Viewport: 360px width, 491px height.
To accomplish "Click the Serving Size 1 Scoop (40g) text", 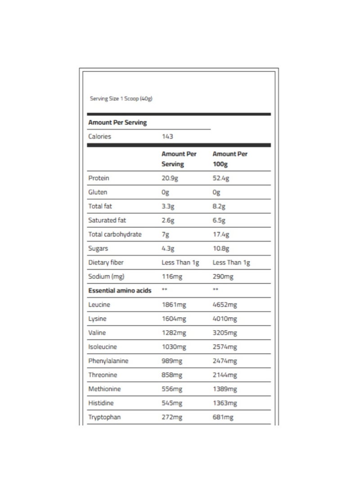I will coord(121,99).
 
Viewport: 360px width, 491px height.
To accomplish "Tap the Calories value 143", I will coord(167,136).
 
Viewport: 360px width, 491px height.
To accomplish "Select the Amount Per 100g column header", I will coord(230,159).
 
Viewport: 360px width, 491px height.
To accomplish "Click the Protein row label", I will coord(99,178).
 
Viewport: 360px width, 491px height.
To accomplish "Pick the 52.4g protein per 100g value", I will coord(220,178).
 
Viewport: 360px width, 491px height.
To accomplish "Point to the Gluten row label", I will coord(98,192).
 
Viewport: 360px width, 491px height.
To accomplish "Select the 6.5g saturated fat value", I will coord(219,221).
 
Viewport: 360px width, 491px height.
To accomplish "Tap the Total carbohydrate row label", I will coord(115,234).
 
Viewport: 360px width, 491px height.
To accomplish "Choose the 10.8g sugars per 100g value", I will coord(220,248).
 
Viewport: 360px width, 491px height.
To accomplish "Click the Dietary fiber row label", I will coord(106,262).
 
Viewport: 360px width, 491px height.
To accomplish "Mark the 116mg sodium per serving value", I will coord(171,276).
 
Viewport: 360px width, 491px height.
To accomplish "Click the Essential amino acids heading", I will coord(120,291).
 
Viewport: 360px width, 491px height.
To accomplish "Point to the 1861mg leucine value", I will coord(174,305).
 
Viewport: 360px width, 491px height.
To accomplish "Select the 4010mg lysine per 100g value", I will coord(225,319).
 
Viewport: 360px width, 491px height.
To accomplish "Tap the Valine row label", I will coord(97,333).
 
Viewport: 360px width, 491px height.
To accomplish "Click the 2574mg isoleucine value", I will coord(225,347).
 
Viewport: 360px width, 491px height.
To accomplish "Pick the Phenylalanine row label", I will coord(108,361).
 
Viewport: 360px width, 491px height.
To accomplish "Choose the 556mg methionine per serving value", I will coord(171,389).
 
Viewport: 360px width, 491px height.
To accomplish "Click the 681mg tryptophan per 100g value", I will coord(223,417).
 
